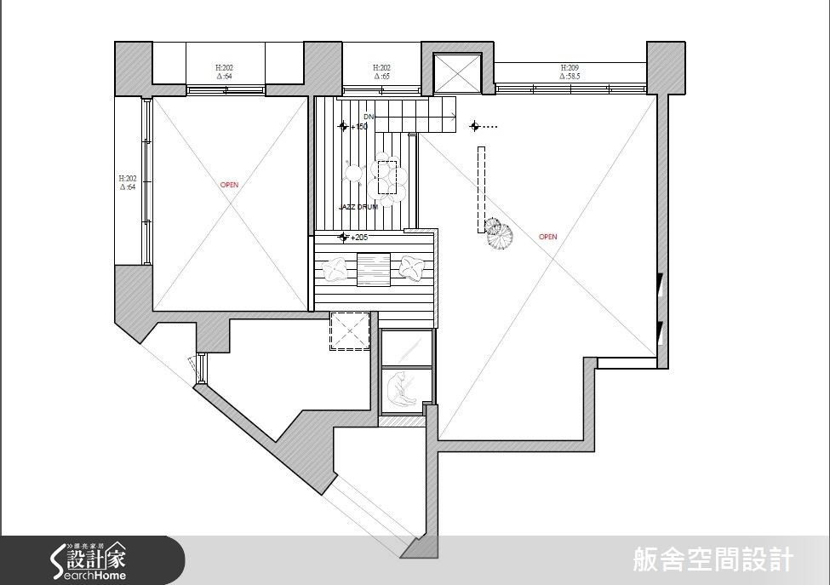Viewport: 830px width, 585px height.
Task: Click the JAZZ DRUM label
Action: coord(358,207)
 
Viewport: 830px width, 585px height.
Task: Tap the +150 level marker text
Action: coord(358,127)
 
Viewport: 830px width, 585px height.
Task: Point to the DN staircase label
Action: coord(369,117)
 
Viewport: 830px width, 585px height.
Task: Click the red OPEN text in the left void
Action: coord(229,185)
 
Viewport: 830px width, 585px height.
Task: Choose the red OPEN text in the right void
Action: coord(547,237)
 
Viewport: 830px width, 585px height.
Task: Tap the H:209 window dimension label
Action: coord(570,67)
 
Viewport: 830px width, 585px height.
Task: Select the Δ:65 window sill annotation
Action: coord(381,77)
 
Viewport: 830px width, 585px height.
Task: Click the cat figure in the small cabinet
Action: coord(398,390)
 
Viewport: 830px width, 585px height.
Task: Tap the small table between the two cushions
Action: coord(373,269)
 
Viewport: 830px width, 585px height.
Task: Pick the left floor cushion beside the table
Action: coord(335,268)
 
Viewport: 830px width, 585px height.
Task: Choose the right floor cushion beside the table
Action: coord(413,267)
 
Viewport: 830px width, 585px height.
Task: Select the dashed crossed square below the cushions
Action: coord(349,331)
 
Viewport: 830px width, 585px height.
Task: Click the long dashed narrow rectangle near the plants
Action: coord(481,189)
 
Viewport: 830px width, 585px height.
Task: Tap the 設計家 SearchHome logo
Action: coord(88,561)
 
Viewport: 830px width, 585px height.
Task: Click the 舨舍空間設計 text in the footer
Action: coord(713,559)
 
